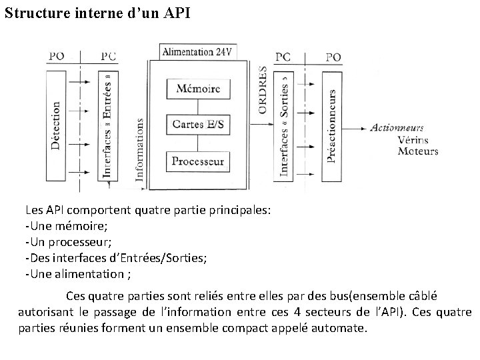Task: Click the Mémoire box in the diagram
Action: (198, 88)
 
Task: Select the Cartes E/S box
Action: (198, 124)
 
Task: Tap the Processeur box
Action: (198, 161)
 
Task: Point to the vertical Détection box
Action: (56, 124)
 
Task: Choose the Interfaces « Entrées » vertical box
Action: (109, 124)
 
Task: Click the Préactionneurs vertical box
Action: (331, 124)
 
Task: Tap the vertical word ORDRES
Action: (263, 89)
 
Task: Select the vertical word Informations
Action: (139, 149)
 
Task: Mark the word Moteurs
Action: (417, 151)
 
